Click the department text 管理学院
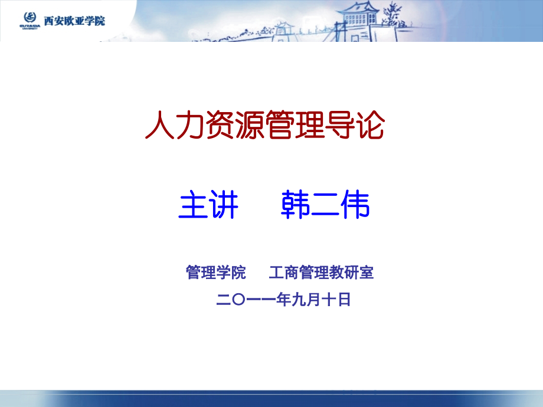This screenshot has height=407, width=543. (215, 273)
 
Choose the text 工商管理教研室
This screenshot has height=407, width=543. (321, 273)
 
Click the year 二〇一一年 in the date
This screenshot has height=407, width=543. (253, 300)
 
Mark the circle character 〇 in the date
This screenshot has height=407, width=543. (238, 300)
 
